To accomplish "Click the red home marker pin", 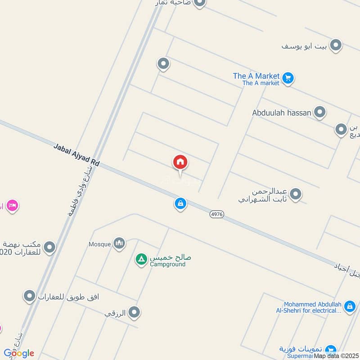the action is (180, 162).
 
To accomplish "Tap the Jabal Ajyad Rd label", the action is (76, 154).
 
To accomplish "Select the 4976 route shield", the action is (217, 215).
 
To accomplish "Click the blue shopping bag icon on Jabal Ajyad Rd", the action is (180, 204).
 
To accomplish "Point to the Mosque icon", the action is (119, 243).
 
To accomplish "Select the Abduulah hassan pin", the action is (320, 112).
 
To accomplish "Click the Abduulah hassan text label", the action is (282, 112).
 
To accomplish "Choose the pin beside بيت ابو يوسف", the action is (336, 45).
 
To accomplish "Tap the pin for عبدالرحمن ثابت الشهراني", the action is (296, 194).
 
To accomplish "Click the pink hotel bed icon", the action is (13, 206).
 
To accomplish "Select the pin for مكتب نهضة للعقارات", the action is (49, 247).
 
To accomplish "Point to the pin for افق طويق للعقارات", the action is (30, 296).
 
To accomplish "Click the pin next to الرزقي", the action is (134, 312).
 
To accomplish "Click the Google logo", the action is (18, 353).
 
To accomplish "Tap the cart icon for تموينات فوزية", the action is (331, 350).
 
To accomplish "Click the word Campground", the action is (168, 265).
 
